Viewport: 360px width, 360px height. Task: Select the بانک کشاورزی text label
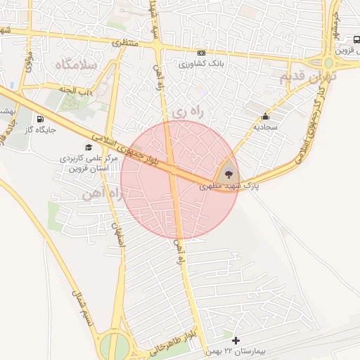click(201, 64)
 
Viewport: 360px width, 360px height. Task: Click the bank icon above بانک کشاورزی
click(202, 53)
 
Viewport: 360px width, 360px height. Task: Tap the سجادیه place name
click(266, 127)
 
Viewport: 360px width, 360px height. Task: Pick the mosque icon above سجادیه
click(265, 117)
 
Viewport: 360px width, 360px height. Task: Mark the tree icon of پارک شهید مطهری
click(228, 174)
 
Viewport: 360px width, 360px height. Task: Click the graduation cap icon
click(88, 147)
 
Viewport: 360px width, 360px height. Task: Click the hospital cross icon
click(235, 340)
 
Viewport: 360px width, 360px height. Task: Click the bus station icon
click(356, 40)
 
